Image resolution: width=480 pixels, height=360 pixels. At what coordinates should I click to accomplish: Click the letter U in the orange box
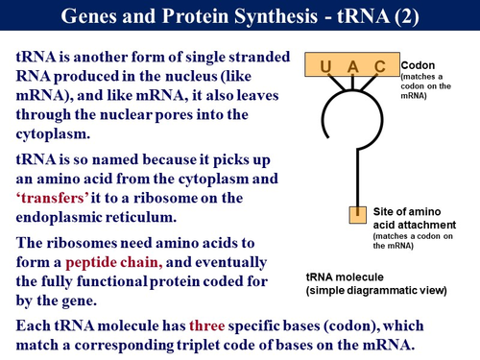click(325, 66)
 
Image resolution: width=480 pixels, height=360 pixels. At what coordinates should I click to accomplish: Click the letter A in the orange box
click(352, 66)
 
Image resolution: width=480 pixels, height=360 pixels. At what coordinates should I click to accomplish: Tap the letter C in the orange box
click(379, 66)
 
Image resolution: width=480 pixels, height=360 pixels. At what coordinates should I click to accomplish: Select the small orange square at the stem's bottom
click(356, 211)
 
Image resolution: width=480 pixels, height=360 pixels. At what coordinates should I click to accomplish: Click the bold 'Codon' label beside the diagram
click(416, 61)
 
